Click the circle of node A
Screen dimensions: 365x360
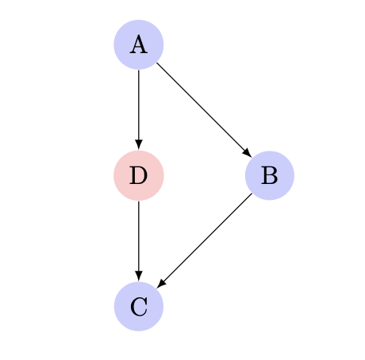pyautogui.click(x=139, y=44)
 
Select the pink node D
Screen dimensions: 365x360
pyautogui.click(x=139, y=175)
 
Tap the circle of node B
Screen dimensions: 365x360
pyautogui.click(x=270, y=175)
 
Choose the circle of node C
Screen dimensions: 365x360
pyautogui.click(x=139, y=306)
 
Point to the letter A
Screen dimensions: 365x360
pyautogui.click(x=139, y=45)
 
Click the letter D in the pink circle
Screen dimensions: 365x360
pyautogui.click(x=138, y=175)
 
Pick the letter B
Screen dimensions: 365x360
pyautogui.click(x=270, y=175)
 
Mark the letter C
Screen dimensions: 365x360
pyautogui.click(x=139, y=307)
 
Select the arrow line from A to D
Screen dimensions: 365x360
pyautogui.click(x=139, y=109)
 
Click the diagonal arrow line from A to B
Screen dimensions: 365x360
pyautogui.click(x=204, y=110)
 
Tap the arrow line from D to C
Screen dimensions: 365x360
pyautogui.click(x=139, y=241)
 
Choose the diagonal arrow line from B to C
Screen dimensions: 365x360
pyautogui.click(x=204, y=241)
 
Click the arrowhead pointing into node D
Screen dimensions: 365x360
pyautogui.click(x=139, y=145)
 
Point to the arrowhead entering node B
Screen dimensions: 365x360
pyautogui.click(x=248, y=153)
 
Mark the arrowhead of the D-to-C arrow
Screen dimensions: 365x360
pyautogui.click(x=139, y=276)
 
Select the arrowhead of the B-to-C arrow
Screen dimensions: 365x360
pyautogui.click(x=161, y=284)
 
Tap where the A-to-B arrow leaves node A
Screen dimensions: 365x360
pyautogui.click(x=156, y=63)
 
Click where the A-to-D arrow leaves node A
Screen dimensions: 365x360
pyautogui.click(x=139, y=70)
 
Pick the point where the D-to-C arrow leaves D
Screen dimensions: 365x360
pyautogui.click(x=139, y=201)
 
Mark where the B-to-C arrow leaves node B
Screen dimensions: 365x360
pyautogui.click(x=252, y=193)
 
